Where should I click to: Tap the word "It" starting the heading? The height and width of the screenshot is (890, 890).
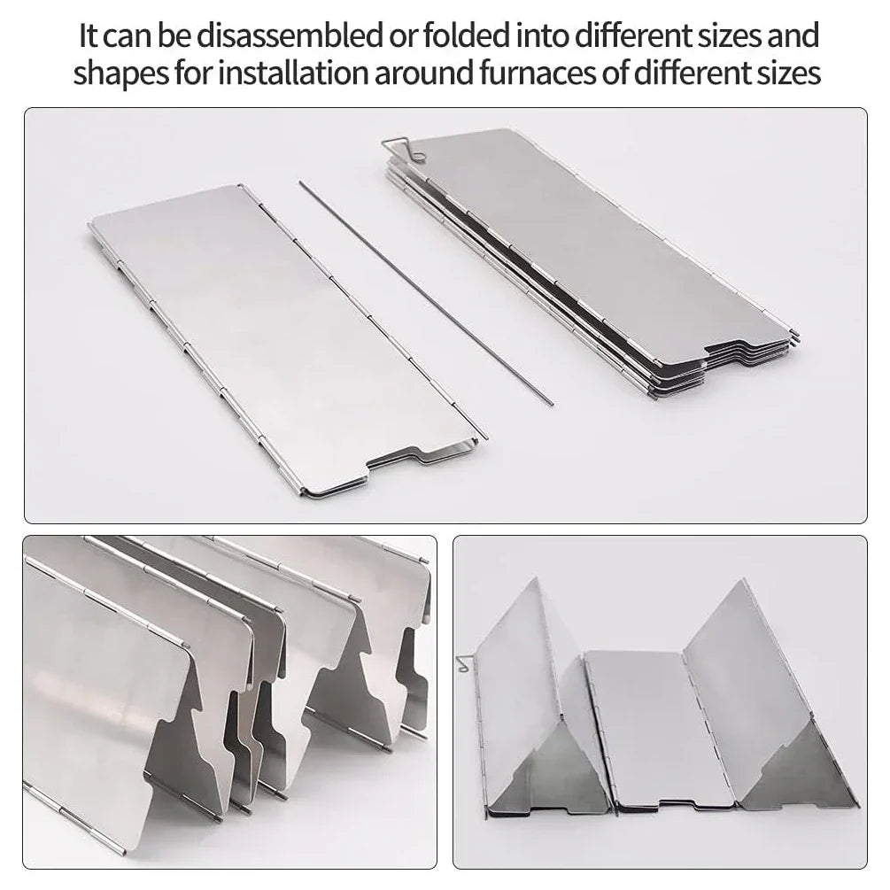click(88, 36)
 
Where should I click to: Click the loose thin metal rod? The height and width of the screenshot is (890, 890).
click(425, 292)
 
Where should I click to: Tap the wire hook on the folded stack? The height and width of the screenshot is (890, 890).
click(406, 151)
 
